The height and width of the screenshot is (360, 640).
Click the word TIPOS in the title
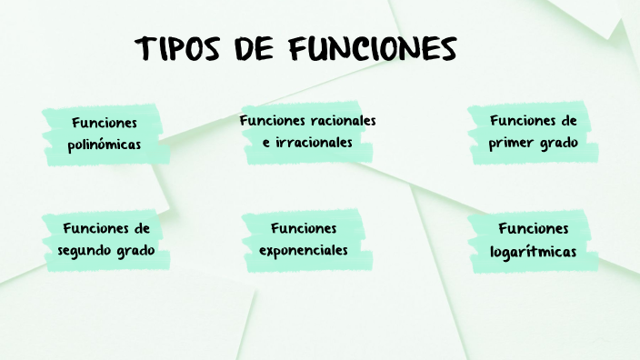coord(175,49)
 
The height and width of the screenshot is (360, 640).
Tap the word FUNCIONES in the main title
coord(373,49)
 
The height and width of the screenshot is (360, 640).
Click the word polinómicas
coord(105,144)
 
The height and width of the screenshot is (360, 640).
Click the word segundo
coord(86,249)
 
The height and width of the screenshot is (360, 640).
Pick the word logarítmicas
coord(533,251)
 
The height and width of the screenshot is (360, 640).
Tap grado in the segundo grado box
coord(136,249)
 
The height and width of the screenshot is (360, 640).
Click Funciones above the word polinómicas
coord(105,122)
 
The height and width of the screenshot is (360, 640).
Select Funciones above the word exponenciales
coord(304,227)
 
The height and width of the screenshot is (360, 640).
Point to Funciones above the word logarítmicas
coord(533,228)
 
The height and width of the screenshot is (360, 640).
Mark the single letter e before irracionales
coord(266,143)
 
